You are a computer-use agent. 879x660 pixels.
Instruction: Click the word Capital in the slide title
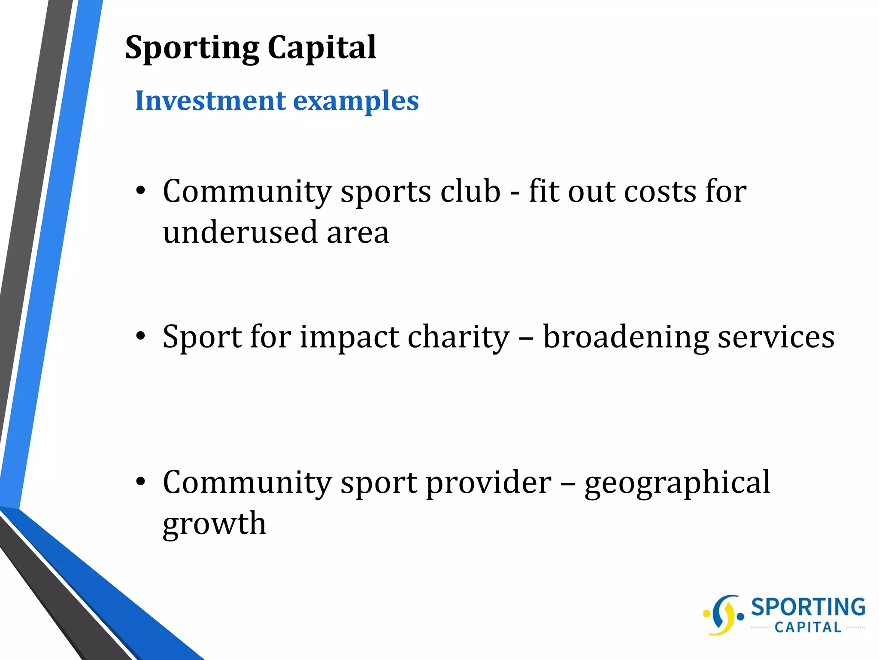[x=321, y=47]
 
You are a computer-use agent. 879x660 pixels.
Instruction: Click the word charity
[x=458, y=338]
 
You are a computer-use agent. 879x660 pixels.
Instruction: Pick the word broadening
[x=626, y=338]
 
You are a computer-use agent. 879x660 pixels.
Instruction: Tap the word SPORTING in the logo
[x=808, y=607]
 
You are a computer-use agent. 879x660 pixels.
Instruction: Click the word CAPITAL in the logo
[x=808, y=628]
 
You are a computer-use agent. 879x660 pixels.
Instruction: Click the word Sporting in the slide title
[x=192, y=48]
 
